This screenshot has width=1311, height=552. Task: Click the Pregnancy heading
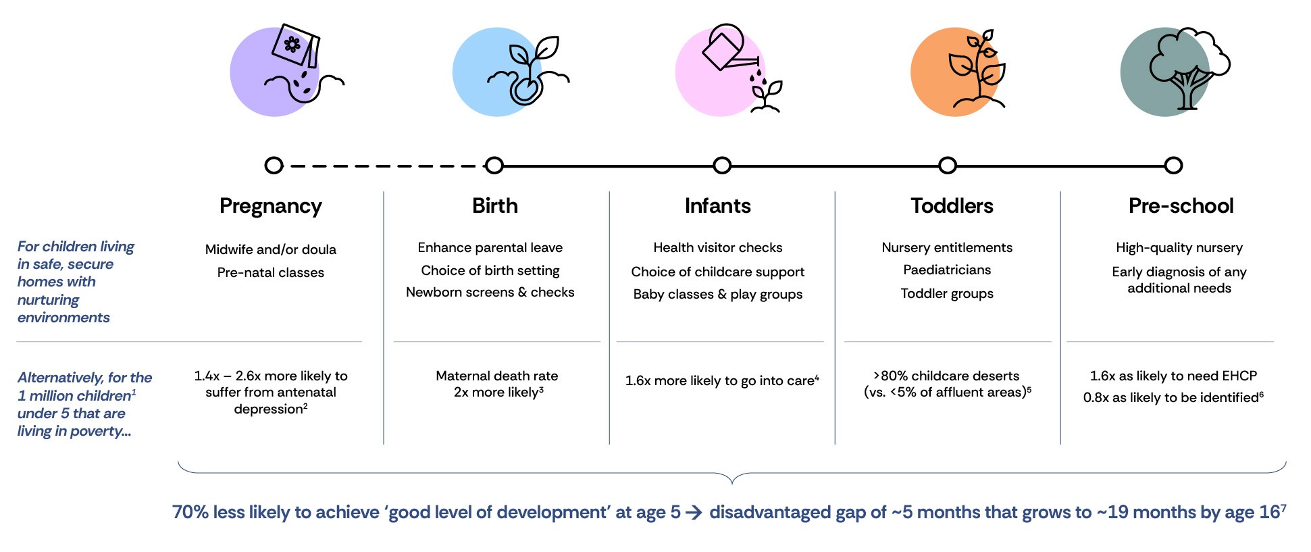pyautogui.click(x=271, y=206)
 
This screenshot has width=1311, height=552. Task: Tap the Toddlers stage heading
pyautogui.click(x=952, y=205)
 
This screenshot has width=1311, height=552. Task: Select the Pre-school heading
pyautogui.click(x=1181, y=205)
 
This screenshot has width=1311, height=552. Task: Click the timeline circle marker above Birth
pyautogui.click(x=494, y=166)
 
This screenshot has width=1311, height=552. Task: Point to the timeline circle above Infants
pyautogui.click(x=722, y=166)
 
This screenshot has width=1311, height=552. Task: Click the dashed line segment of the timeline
pyautogui.click(x=384, y=166)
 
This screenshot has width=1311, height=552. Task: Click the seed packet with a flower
pyautogui.click(x=296, y=45)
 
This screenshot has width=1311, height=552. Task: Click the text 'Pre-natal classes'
pyautogui.click(x=271, y=272)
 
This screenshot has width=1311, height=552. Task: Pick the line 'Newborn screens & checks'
pyautogui.click(x=490, y=292)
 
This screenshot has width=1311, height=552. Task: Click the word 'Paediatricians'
pyautogui.click(x=947, y=270)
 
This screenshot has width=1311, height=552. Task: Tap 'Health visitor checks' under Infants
pyautogui.click(x=718, y=247)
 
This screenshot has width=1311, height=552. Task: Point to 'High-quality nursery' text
pyautogui.click(x=1179, y=248)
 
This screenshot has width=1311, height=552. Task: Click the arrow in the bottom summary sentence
pyautogui.click(x=694, y=513)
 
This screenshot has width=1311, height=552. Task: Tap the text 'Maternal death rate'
pyautogui.click(x=497, y=376)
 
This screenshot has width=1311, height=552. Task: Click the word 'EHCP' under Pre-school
pyautogui.click(x=1239, y=376)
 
